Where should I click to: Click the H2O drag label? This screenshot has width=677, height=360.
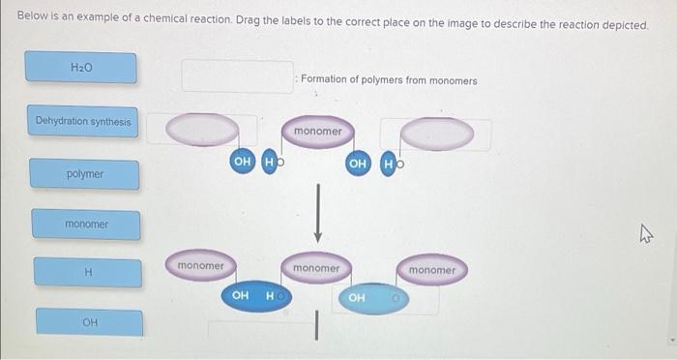click(80, 67)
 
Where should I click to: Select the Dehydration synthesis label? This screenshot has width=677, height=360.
click(83, 121)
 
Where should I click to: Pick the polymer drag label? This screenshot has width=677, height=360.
click(85, 174)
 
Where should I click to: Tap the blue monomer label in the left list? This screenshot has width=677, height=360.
click(86, 225)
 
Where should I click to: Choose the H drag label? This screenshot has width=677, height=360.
click(88, 272)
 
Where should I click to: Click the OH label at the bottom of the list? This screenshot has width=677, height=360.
click(90, 322)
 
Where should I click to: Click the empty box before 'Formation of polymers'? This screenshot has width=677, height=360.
click(238, 76)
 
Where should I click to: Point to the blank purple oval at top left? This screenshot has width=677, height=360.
click(202, 130)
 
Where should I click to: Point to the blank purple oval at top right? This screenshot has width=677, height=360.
click(437, 134)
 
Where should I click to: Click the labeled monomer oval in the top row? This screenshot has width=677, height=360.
click(318, 132)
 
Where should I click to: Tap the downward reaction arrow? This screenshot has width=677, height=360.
click(318, 213)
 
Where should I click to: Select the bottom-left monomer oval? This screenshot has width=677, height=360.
click(201, 265)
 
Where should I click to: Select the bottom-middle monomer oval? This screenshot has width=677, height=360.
click(316, 268)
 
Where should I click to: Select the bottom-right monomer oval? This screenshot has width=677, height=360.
click(431, 270)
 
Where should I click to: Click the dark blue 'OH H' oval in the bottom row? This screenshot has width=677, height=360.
click(256, 296)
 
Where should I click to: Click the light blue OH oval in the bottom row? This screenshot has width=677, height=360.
click(373, 298)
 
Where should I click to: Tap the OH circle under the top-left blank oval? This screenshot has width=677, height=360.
click(242, 162)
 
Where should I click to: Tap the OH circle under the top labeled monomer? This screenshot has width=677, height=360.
click(358, 164)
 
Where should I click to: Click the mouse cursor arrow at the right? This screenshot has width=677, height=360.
click(646, 234)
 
